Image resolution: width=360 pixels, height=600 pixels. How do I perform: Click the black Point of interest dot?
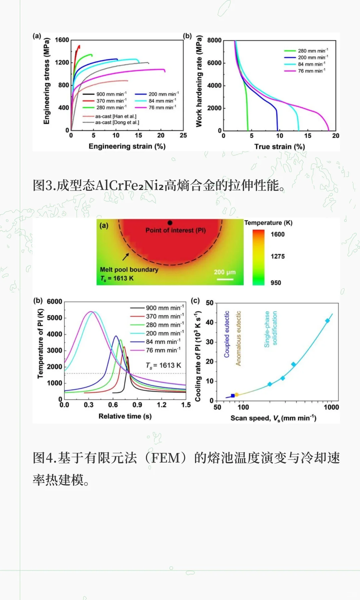pos(170,223)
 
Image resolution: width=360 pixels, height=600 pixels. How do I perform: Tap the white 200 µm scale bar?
pos(225,279)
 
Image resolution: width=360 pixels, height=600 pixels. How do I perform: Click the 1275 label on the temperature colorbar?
pos(278,256)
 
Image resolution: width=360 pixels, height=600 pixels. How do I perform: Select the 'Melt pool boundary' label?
pos(129,269)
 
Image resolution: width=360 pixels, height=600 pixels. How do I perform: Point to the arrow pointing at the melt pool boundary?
pos(126,257)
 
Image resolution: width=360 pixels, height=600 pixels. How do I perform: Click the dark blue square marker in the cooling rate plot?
pos(233,396)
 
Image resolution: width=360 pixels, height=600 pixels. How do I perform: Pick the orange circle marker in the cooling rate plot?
pos(237,395)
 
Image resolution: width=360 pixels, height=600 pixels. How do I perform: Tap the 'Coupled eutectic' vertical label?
pos(227,334)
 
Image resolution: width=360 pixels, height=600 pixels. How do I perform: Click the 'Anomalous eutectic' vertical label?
pos(238,338)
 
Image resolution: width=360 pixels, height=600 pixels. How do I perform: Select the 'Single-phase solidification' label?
pos(270,329)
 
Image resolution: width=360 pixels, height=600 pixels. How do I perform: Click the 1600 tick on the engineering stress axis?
pos(62,40)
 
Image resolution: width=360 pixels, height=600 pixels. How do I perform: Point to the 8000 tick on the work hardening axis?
pos(214,40)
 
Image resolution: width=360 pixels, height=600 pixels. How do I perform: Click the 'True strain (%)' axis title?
pos(279,147)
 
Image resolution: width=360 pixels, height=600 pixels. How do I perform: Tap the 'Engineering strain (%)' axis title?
pos(127,146)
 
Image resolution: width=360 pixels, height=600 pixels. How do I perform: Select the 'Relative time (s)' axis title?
pos(125,416)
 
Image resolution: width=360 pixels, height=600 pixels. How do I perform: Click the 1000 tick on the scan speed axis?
pos(331,407)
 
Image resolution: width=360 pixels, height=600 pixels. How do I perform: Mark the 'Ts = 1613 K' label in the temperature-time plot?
pos(163,365)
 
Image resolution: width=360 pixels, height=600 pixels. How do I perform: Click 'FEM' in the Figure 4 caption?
pos(165,458)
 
